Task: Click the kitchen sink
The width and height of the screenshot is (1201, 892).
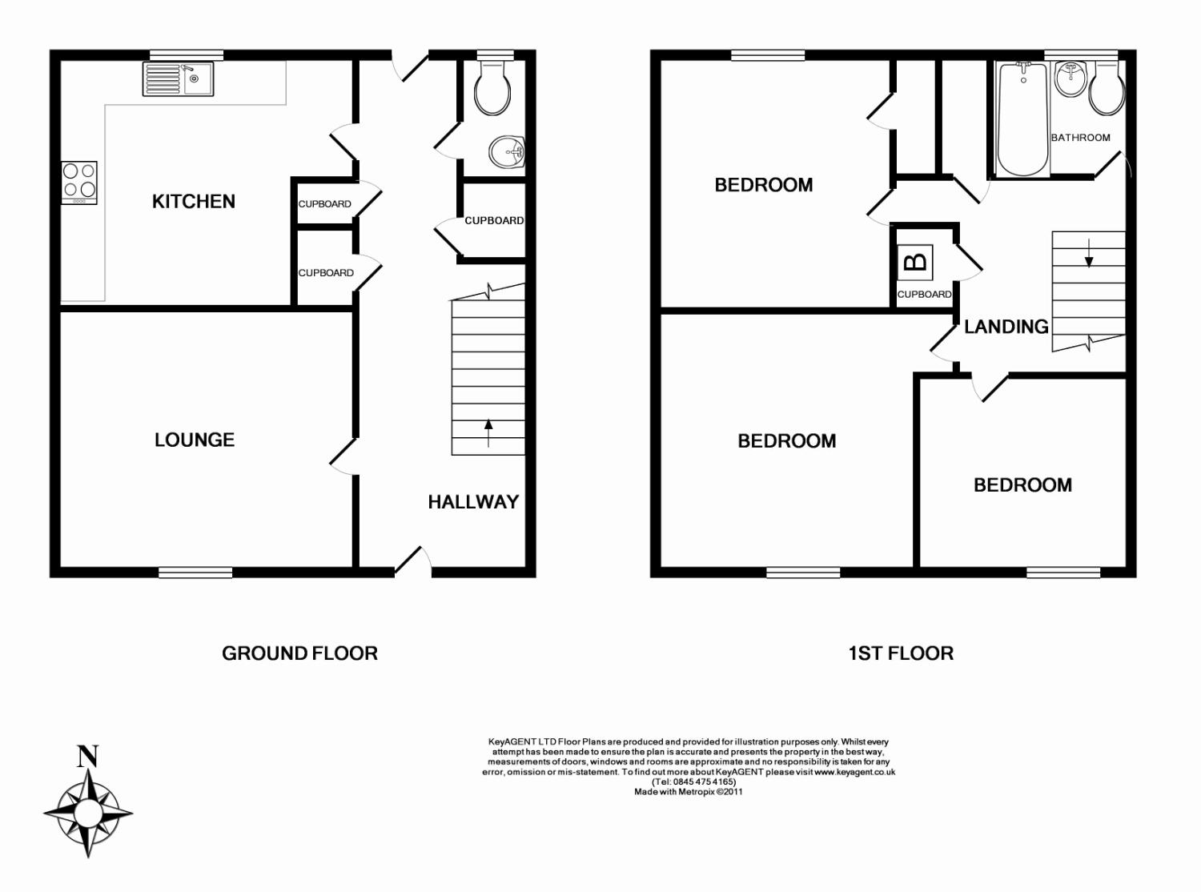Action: (178, 79)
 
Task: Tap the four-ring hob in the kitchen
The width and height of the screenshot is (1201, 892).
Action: (79, 183)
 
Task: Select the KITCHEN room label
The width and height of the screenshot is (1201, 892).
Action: (194, 202)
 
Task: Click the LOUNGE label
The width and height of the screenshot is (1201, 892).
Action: (195, 440)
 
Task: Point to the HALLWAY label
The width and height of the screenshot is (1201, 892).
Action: (474, 502)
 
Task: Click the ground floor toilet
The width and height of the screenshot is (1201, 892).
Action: (492, 88)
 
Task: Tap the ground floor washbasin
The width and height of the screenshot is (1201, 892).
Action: (508, 151)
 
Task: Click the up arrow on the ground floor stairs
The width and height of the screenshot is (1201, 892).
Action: (488, 432)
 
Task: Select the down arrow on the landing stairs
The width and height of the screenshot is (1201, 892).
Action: (1088, 253)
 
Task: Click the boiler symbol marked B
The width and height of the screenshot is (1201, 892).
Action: (916, 263)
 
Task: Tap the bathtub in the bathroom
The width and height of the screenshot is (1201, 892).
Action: (1023, 119)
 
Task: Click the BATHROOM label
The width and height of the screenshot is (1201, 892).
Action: (1081, 138)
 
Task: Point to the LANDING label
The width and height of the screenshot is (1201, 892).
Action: (1006, 327)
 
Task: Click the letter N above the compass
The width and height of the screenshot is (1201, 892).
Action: (88, 756)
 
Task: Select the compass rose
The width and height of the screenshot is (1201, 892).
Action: (88, 813)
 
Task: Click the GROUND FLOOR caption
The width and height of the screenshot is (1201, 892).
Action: (300, 653)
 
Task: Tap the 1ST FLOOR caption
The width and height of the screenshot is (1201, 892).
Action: (901, 653)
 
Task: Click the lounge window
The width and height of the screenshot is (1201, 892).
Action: (195, 573)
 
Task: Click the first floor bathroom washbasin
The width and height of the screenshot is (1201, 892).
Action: (1070, 79)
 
